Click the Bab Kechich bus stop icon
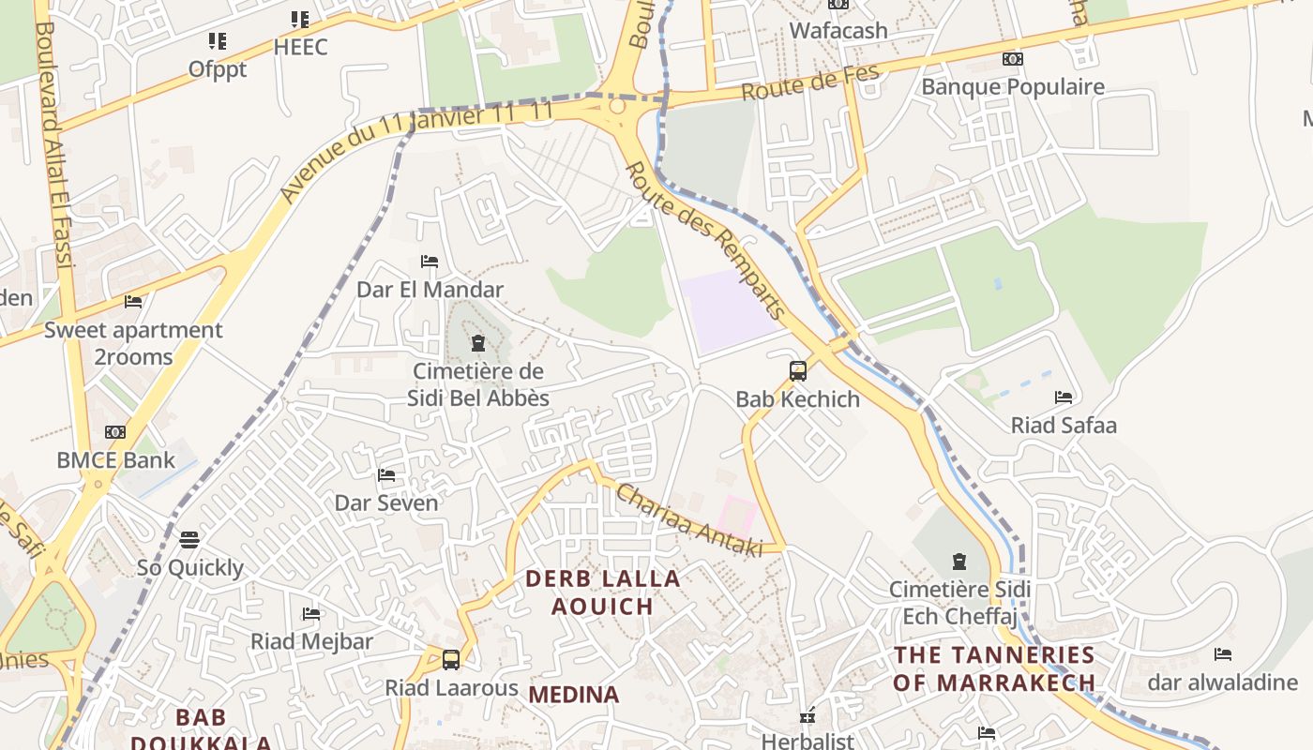click(798, 371)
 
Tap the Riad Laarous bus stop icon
click(451, 659)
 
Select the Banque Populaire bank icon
click(1012, 59)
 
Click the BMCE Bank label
click(116, 460)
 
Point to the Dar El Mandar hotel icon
click(430, 262)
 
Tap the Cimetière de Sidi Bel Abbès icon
click(478, 343)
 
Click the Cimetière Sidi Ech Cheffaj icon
click(959, 562)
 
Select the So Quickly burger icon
click(189, 540)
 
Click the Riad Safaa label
click(1064, 426)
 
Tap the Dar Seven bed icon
click(386, 475)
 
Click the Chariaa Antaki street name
click(688, 521)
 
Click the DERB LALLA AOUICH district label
click(602, 592)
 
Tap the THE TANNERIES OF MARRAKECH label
click(994, 668)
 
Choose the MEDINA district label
click(574, 695)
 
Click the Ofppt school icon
click(218, 41)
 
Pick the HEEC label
click(301, 47)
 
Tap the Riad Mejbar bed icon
click(311, 614)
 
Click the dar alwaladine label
click(1222, 682)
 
